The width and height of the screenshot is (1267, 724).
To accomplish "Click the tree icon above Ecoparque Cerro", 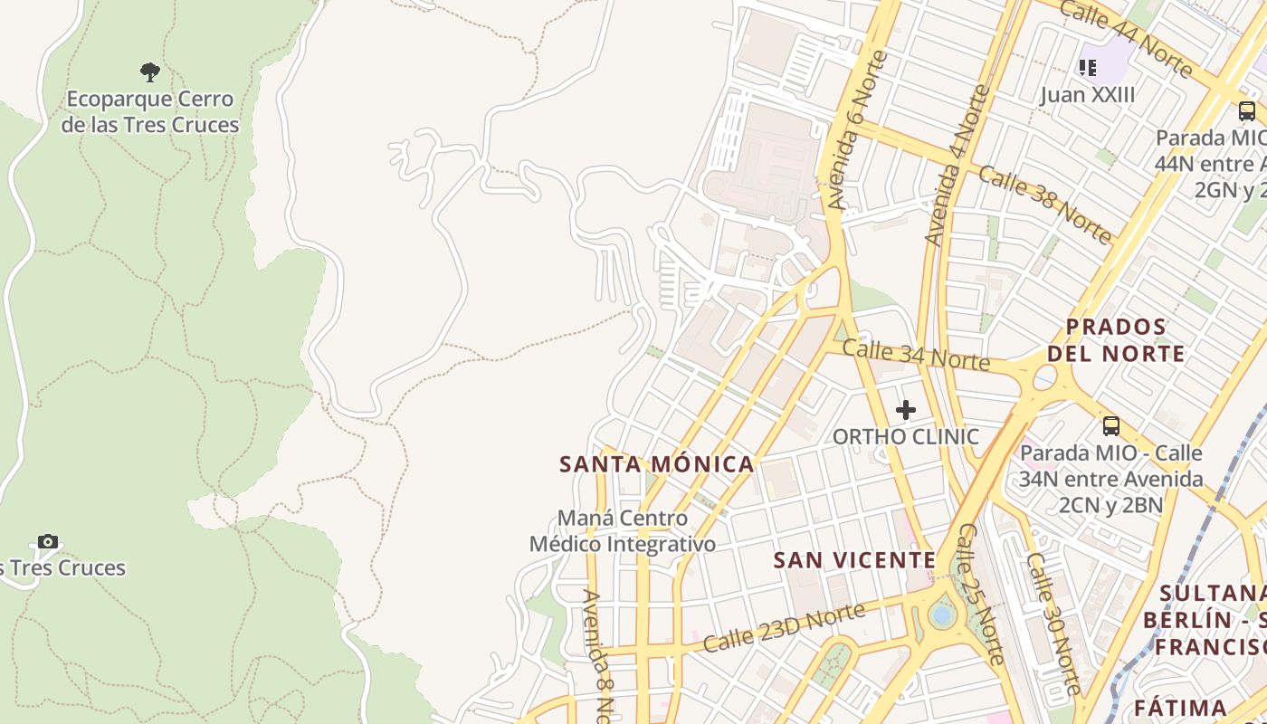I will (x=150, y=71).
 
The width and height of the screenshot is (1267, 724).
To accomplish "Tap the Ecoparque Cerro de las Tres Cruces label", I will (x=150, y=112).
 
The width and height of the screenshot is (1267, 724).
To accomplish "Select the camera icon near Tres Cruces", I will (x=48, y=541).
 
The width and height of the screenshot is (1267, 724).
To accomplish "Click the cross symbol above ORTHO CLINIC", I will (x=905, y=411).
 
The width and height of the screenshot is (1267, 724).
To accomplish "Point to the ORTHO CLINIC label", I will (x=905, y=436).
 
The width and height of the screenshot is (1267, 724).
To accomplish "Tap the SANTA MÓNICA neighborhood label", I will (x=657, y=464).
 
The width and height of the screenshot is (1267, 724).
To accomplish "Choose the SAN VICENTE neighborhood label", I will (x=854, y=560).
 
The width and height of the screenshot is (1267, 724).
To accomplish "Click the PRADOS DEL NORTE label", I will (x=1116, y=340).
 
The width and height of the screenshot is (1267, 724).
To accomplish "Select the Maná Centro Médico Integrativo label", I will (x=623, y=531).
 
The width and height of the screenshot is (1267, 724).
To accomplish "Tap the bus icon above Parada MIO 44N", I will (x=1246, y=111).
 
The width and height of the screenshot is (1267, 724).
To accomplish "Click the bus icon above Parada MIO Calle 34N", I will (x=1111, y=425).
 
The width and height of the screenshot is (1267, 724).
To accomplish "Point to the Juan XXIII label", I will (x=1087, y=95).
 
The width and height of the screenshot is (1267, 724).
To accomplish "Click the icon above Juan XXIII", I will (x=1087, y=67).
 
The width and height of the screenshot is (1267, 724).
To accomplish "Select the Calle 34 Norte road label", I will (x=916, y=354).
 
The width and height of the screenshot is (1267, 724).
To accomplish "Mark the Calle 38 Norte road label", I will (x=1044, y=205).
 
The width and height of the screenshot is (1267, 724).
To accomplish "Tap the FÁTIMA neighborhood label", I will (x=1180, y=708).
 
